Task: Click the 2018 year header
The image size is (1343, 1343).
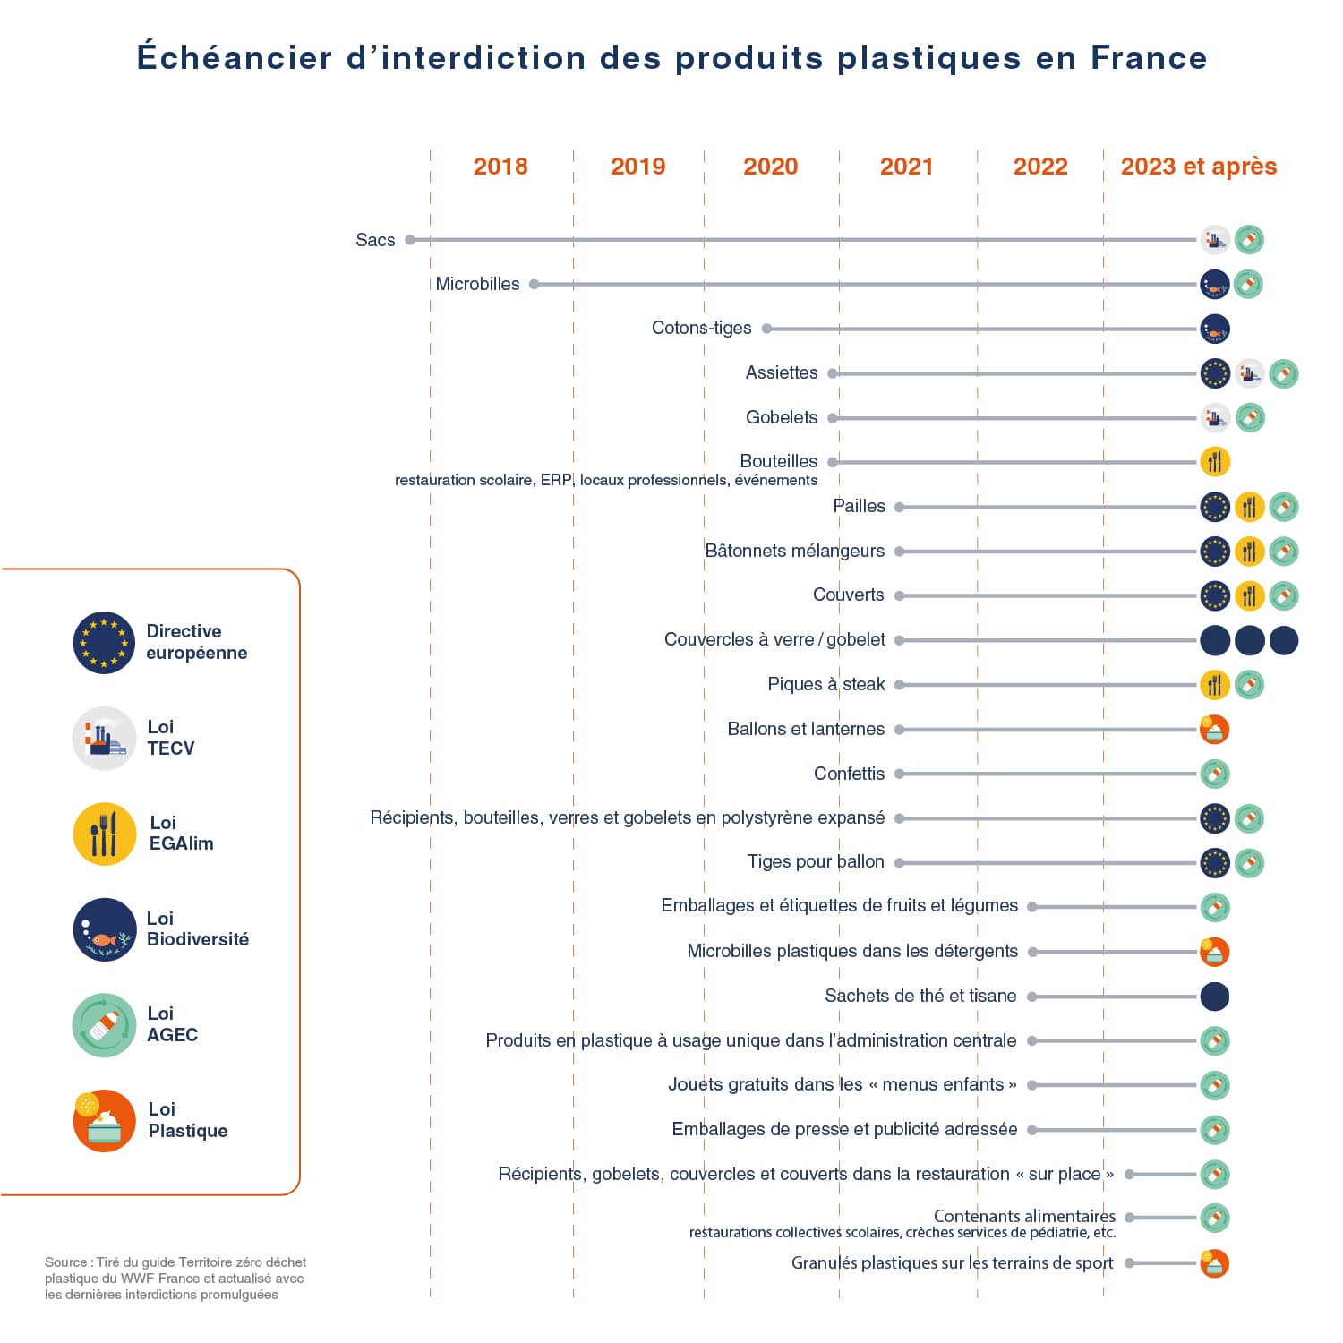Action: pyautogui.click(x=500, y=167)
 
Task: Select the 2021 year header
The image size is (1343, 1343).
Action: pyautogui.click(x=906, y=167)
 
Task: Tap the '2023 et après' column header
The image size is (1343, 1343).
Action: pyautogui.click(x=1198, y=167)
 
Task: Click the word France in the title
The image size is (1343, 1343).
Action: pyautogui.click(x=1149, y=58)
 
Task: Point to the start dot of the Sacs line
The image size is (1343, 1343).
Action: pyautogui.click(x=410, y=240)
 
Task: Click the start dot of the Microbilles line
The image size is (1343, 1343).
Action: pyautogui.click(x=535, y=285)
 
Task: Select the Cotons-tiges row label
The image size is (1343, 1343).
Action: pyautogui.click(x=701, y=329)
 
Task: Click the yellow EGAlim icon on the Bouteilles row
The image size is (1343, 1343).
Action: pyautogui.click(x=1215, y=462)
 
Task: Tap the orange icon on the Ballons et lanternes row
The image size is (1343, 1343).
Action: pyautogui.click(x=1215, y=730)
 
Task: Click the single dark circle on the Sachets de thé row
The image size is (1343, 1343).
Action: pyautogui.click(x=1215, y=997)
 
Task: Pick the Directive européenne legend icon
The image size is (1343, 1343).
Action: pyautogui.click(x=104, y=643)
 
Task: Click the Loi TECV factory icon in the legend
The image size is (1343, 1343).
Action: pyautogui.click(x=104, y=739)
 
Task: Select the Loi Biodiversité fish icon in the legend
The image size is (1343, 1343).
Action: pyautogui.click(x=104, y=929)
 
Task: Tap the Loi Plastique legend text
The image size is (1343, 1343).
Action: pyautogui.click(x=187, y=1120)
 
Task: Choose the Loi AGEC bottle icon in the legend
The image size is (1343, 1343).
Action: pyautogui.click(x=104, y=1025)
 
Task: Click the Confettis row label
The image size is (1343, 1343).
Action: pyautogui.click(x=849, y=774)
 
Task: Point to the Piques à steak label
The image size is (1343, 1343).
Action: pyautogui.click(x=825, y=685)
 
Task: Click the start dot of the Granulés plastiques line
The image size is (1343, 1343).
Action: pyautogui.click(x=1130, y=1263)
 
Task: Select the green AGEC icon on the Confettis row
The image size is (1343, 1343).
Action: pyautogui.click(x=1215, y=774)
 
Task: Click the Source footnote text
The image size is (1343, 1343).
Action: pyautogui.click(x=175, y=1279)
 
